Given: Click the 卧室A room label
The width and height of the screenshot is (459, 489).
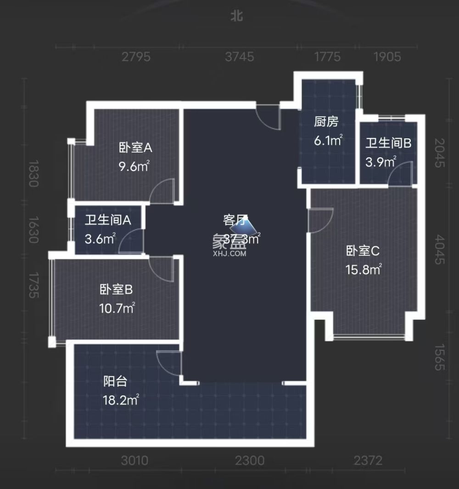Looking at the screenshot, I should tap(135, 148).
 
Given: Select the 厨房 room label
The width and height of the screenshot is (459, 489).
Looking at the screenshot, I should tap(326, 122).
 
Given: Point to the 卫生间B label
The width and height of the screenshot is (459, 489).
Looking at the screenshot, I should tap(388, 143).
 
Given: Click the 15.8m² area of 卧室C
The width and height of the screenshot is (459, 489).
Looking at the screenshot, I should tap(364, 269).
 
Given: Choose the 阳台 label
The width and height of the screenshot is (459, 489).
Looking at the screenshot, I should tap(115, 381).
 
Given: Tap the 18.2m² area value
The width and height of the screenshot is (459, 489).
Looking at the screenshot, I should tap(121, 400).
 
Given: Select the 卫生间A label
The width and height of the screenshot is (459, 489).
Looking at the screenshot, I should tap(108, 220).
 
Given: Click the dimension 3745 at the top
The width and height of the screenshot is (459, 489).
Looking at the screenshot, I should tap(240, 57).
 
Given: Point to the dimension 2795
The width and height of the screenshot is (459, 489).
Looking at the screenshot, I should tap(136, 57).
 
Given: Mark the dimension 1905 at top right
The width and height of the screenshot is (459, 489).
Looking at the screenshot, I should tap(387, 57).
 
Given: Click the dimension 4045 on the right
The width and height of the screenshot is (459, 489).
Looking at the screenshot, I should tap(439, 250).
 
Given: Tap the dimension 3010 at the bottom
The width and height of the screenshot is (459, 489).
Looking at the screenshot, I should tap(135, 460).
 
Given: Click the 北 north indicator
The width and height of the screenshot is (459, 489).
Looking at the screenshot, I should tap(236, 17).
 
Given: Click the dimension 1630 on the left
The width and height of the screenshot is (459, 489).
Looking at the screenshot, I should tap(32, 230).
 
